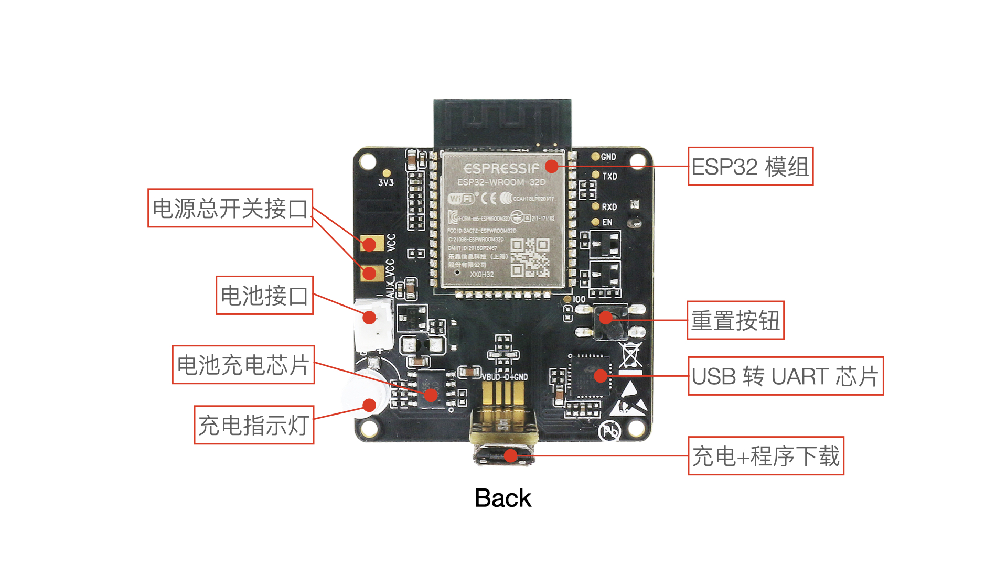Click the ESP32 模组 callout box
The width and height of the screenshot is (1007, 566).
750,167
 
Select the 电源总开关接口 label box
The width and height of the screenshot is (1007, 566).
230,208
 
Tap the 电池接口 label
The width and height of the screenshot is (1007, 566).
264,296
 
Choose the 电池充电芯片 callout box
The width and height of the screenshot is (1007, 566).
243,365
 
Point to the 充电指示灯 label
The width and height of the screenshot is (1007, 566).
254,425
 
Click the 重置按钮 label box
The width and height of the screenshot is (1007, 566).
735,320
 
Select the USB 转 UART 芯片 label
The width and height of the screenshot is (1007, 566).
785,376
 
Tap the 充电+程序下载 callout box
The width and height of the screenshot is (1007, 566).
766,456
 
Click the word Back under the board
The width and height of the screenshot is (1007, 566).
502,498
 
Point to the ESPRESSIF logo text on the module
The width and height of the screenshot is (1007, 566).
501,169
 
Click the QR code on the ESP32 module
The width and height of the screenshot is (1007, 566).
530,257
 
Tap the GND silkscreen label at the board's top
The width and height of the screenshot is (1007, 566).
608,157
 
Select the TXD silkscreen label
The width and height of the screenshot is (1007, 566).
609,176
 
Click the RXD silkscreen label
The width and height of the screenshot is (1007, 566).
609,207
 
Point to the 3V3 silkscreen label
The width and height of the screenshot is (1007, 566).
386,183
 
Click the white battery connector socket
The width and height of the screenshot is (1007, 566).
373,325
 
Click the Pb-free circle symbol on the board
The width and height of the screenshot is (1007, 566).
610,431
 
